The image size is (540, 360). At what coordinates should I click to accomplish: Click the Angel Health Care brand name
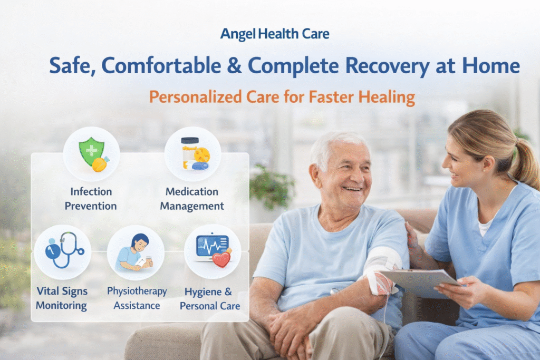[274, 35]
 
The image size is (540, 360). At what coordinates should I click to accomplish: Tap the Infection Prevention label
[91, 199]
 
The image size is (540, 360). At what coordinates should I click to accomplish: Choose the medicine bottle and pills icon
[192, 153]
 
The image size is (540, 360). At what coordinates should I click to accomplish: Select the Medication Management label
[192, 199]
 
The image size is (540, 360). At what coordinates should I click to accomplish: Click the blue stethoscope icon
[64, 249]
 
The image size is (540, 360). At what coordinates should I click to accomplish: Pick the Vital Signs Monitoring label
[62, 298]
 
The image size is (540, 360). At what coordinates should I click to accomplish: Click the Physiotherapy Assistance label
[137, 298]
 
